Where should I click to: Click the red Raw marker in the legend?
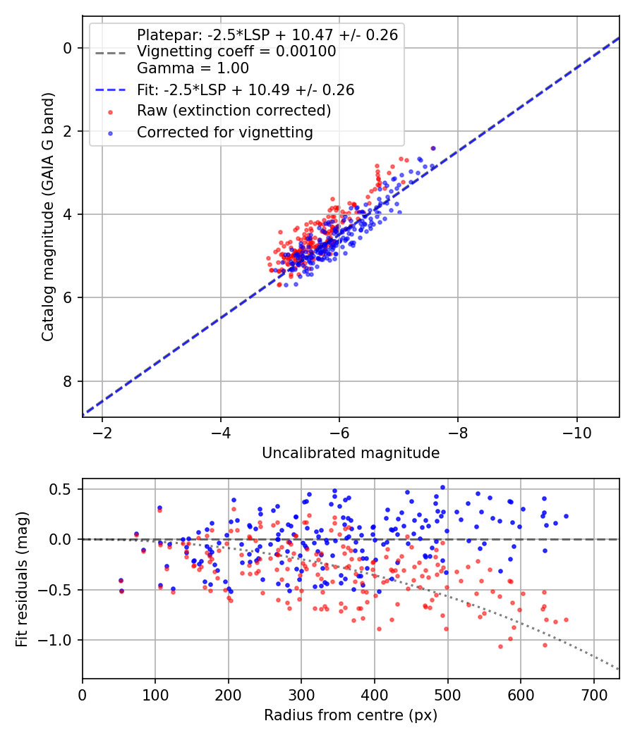(111, 112)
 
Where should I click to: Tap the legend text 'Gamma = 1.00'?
(193, 68)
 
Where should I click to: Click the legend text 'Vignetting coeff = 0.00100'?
(236, 51)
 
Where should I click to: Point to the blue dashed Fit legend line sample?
(111, 90)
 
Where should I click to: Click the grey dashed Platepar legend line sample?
(111, 53)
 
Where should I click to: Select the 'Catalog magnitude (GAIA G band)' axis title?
(48, 216)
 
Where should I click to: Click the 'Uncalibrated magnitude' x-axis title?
(351, 453)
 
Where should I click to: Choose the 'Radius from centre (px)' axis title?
(351, 715)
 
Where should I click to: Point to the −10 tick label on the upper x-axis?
(576, 433)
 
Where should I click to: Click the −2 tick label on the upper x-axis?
(102, 433)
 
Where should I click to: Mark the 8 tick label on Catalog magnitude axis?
(67, 381)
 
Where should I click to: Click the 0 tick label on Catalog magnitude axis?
(67, 48)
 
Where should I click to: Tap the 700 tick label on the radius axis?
(593, 695)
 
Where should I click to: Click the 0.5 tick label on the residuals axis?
(61, 489)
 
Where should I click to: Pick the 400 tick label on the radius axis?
(375, 695)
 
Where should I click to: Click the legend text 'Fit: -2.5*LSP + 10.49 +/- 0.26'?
(246, 90)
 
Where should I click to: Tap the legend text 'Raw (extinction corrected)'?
(234, 111)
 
